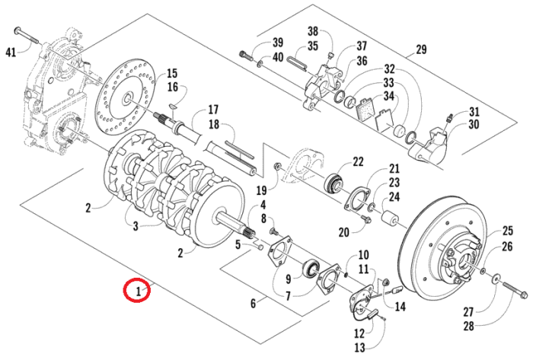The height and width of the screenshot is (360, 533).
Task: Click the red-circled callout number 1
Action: coord(138,292)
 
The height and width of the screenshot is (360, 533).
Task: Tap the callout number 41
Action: coord(11,53)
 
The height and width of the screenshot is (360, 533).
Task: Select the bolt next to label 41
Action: coord(27,36)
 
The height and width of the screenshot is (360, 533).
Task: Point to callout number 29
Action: coord(421,49)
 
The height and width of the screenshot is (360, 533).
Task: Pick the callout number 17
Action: coord(212,110)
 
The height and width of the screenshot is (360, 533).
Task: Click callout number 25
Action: coord(508,231)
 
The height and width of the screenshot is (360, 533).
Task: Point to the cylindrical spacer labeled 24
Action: coord(388,218)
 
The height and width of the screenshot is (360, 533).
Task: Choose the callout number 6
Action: coord(253,303)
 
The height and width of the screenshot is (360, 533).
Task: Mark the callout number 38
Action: coord(313,31)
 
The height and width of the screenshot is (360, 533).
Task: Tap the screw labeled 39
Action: coord(247,56)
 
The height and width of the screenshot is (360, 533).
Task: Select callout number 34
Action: coord(389,96)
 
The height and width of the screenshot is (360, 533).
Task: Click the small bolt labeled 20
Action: coord(366,219)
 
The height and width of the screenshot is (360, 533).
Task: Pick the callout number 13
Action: coord(359,347)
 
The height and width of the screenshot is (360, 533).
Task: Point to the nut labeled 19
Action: coord(278,166)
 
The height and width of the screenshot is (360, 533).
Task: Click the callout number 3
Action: coord(136,226)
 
